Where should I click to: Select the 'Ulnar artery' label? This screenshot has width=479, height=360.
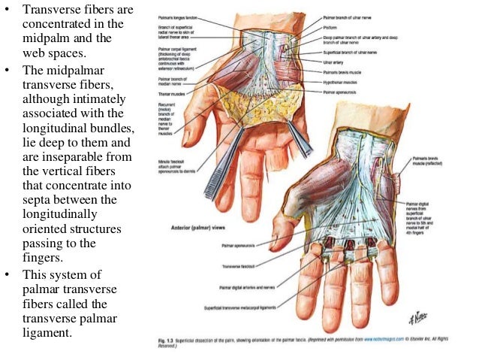[x=333, y=63]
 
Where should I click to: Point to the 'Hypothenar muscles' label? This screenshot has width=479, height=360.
[x=342, y=83]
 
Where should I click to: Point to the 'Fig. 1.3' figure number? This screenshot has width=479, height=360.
[x=171, y=331]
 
